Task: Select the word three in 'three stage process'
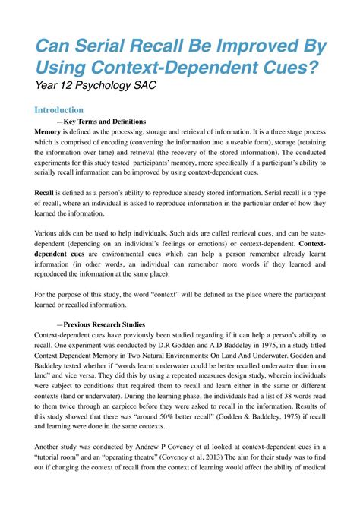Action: (x=267, y=131)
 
